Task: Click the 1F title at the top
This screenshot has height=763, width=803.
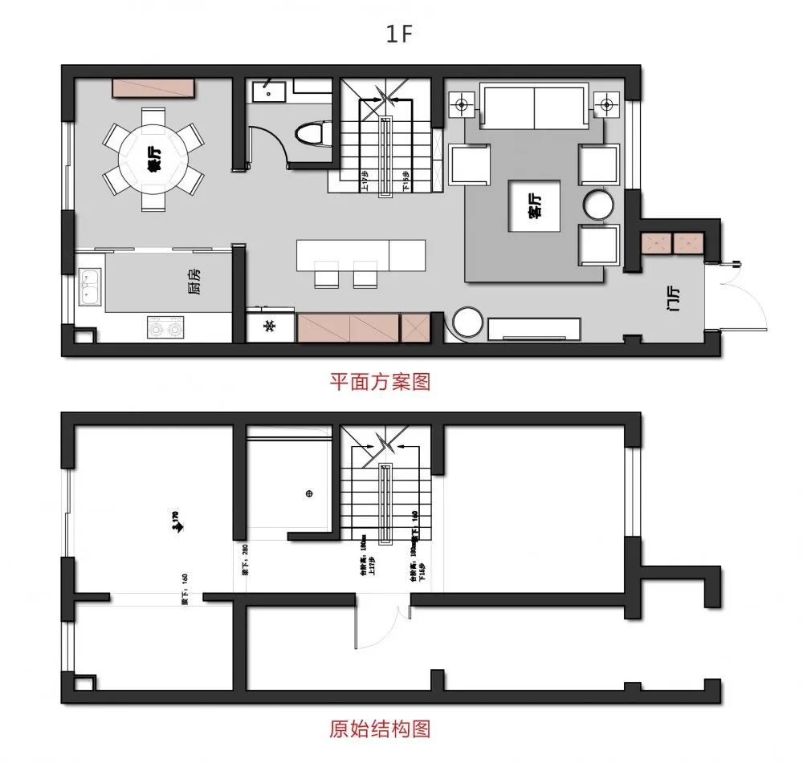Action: (401, 33)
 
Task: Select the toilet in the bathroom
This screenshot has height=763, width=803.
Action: (310, 133)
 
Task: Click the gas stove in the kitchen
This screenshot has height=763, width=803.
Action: (165, 327)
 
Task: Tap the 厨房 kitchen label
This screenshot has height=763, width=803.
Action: (195, 282)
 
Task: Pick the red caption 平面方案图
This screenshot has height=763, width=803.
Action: (380, 381)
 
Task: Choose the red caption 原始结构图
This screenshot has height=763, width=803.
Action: (380, 729)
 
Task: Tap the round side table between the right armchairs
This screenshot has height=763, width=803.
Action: (597, 205)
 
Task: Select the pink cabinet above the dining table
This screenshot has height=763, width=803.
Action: (153, 89)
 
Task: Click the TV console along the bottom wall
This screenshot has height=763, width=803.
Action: (534, 328)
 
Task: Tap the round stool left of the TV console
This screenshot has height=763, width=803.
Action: (468, 323)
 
